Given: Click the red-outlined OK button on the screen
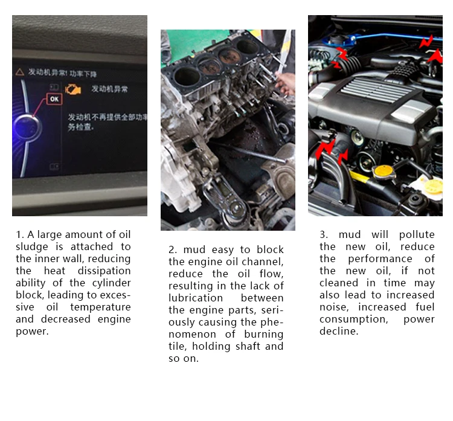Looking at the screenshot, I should point(54,98).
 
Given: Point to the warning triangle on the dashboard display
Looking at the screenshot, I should point(20,72).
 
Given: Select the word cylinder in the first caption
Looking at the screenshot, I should point(109,283).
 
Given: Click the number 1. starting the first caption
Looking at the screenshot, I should point(20,234).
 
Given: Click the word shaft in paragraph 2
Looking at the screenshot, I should point(249,346).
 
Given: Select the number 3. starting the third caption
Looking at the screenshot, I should point(324,234).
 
